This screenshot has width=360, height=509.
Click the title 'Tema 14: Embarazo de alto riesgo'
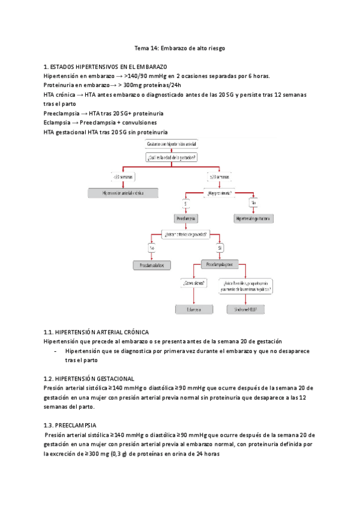[x=179, y=47]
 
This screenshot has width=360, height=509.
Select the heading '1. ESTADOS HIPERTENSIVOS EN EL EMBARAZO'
[x=106, y=67]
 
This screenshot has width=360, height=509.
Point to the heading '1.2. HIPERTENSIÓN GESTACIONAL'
[x=89, y=379]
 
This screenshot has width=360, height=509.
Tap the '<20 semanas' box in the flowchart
[x=123, y=176]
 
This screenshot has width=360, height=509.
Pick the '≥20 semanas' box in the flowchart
[x=220, y=176]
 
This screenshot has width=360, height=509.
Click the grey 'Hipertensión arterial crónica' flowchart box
[x=123, y=193]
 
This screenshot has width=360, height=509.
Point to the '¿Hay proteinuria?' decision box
[x=220, y=193]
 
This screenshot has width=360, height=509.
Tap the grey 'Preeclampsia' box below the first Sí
[x=186, y=220]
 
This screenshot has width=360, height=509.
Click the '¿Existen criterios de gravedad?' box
[x=186, y=233]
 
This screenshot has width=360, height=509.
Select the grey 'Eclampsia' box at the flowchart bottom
[x=194, y=310]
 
